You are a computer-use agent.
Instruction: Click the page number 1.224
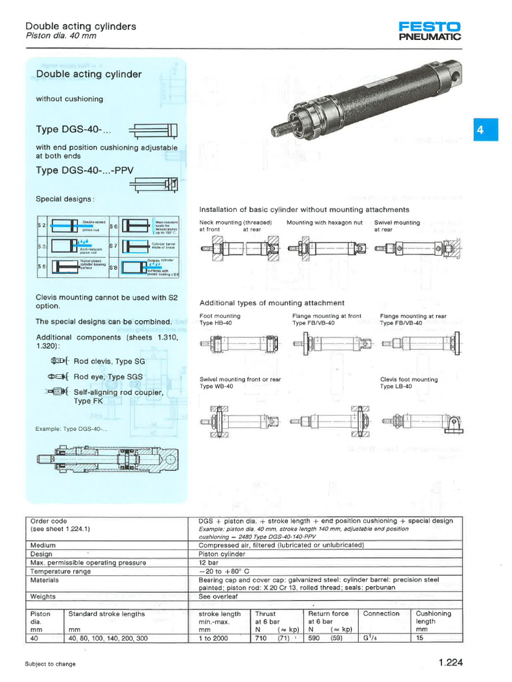[x=451, y=663]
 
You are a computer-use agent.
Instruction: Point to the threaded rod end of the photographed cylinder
[x=279, y=125]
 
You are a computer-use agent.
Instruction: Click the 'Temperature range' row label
[x=61, y=571]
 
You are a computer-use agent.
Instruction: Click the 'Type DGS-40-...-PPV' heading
[x=85, y=170]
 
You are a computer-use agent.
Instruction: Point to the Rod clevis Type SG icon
[x=60, y=361]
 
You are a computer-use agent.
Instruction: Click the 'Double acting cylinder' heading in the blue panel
[x=89, y=74]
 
